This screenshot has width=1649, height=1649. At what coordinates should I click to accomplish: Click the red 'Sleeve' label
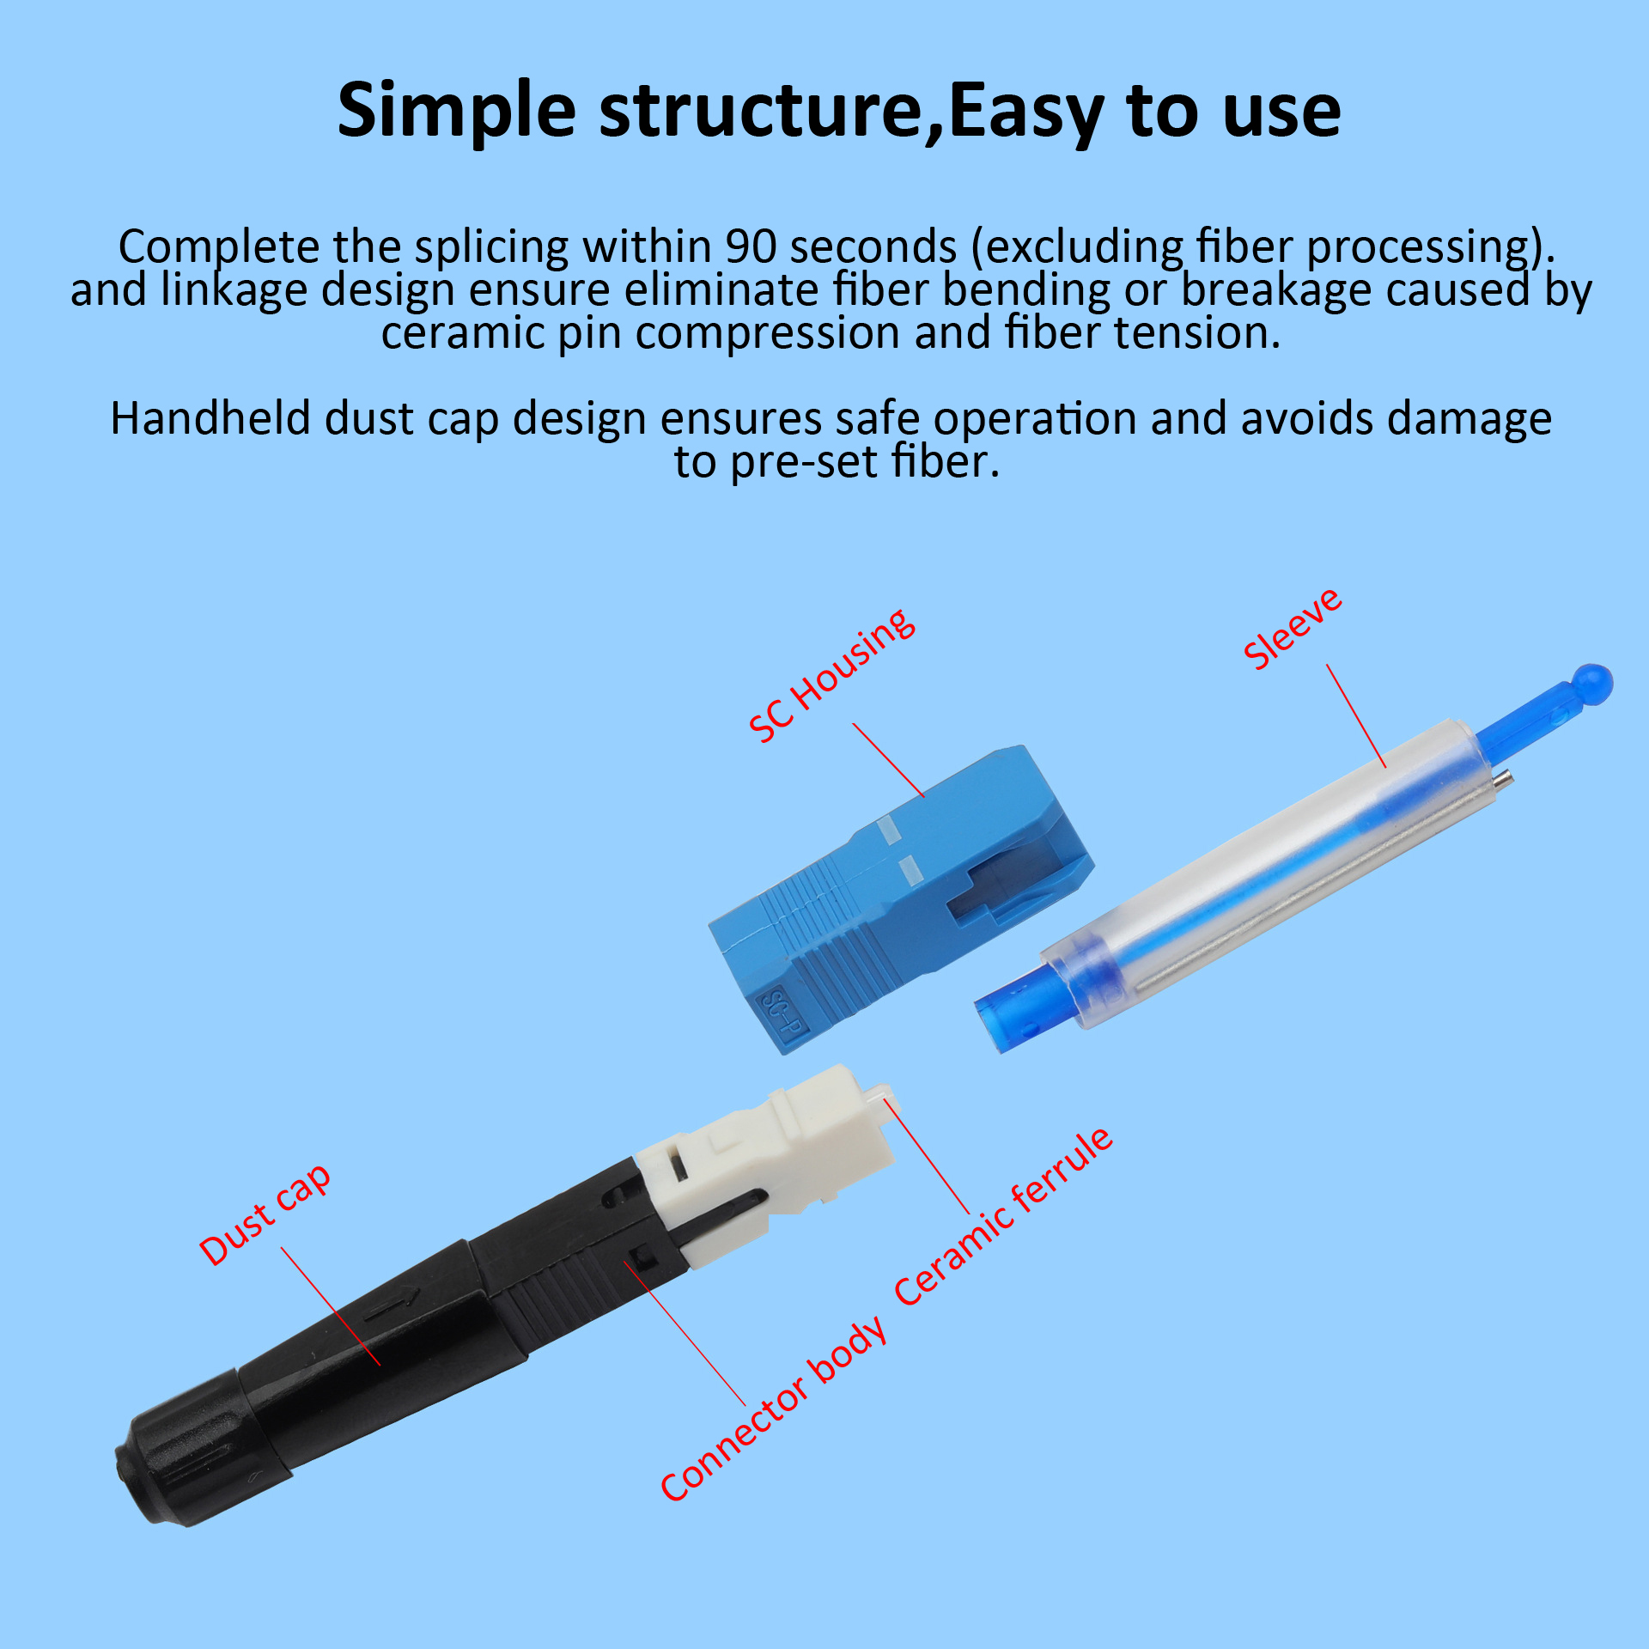tap(1293, 629)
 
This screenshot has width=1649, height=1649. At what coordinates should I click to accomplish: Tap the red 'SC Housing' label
tap(831, 675)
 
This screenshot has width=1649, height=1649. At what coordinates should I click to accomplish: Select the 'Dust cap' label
tap(265, 1215)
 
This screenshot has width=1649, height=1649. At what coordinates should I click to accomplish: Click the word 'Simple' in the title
tap(456, 112)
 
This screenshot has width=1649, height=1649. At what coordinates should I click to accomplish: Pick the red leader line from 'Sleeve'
tap(1356, 715)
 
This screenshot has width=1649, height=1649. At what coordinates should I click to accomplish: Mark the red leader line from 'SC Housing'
tap(889, 760)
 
